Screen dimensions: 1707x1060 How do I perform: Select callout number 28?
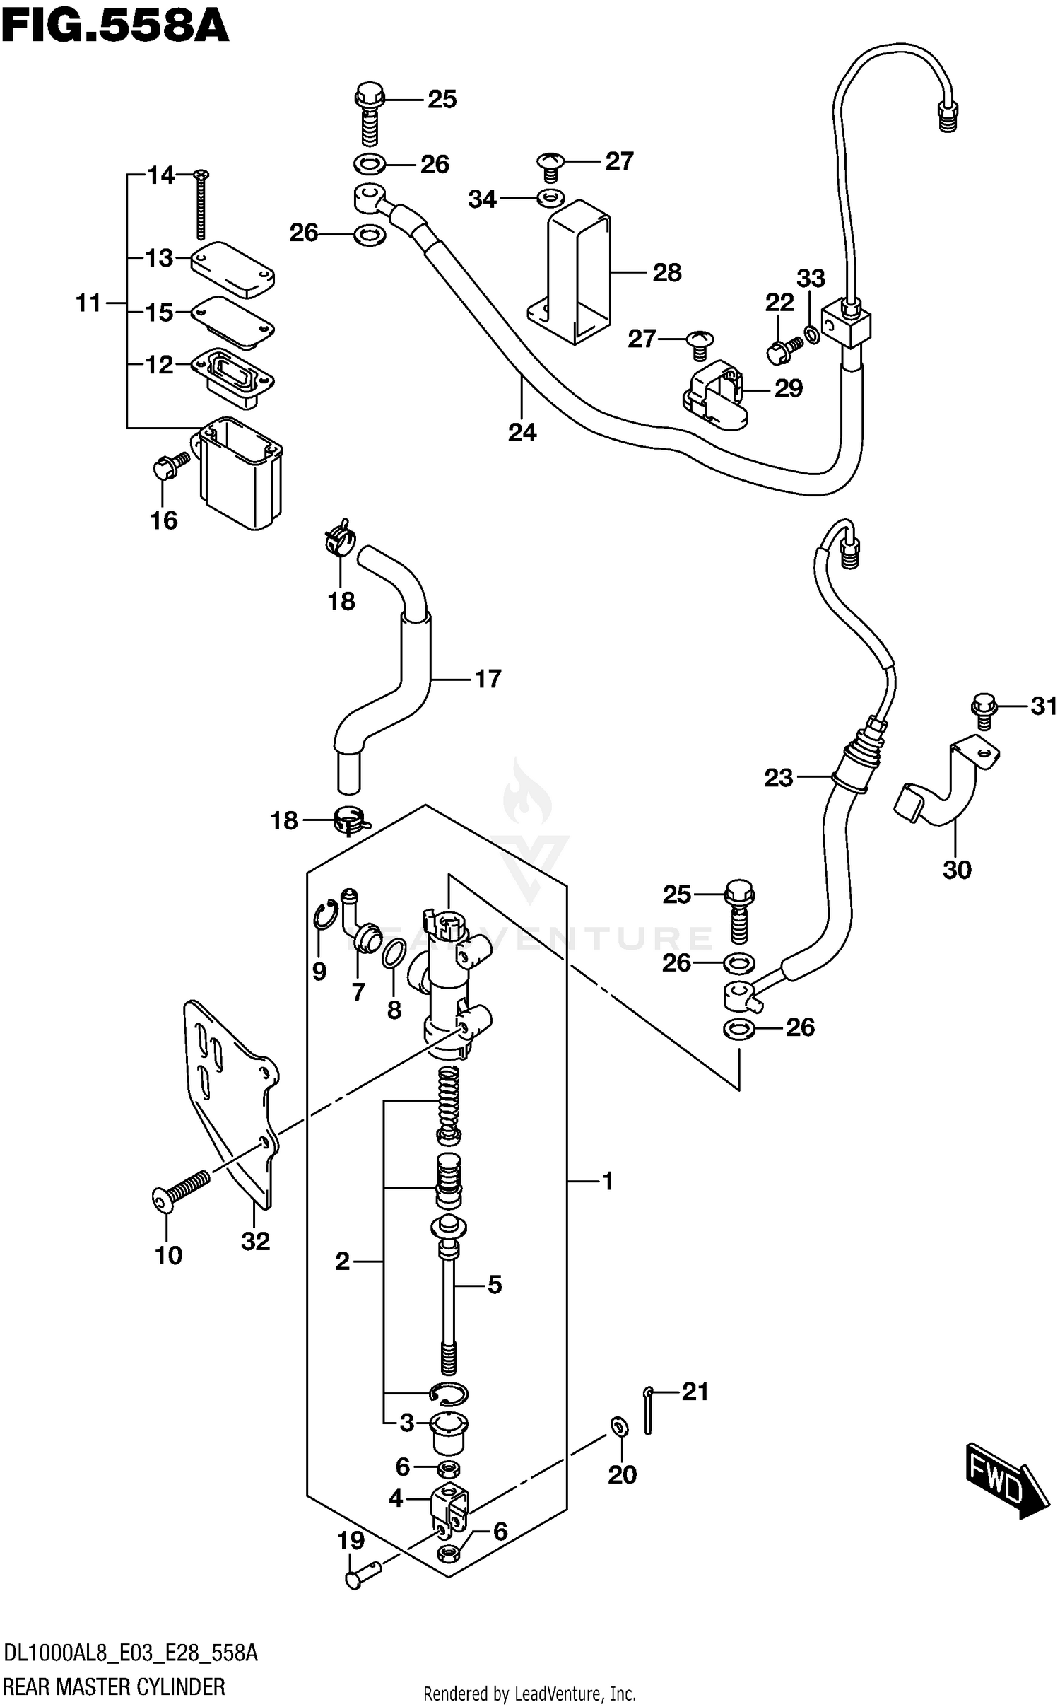pyautogui.click(x=666, y=273)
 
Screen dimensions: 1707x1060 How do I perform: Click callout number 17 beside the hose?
pyautogui.click(x=488, y=680)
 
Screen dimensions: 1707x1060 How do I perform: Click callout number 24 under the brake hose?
pyautogui.click(x=522, y=432)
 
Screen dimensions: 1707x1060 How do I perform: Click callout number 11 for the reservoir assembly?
pyautogui.click(x=89, y=303)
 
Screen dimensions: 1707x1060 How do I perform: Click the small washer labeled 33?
pyautogui.click(x=812, y=333)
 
